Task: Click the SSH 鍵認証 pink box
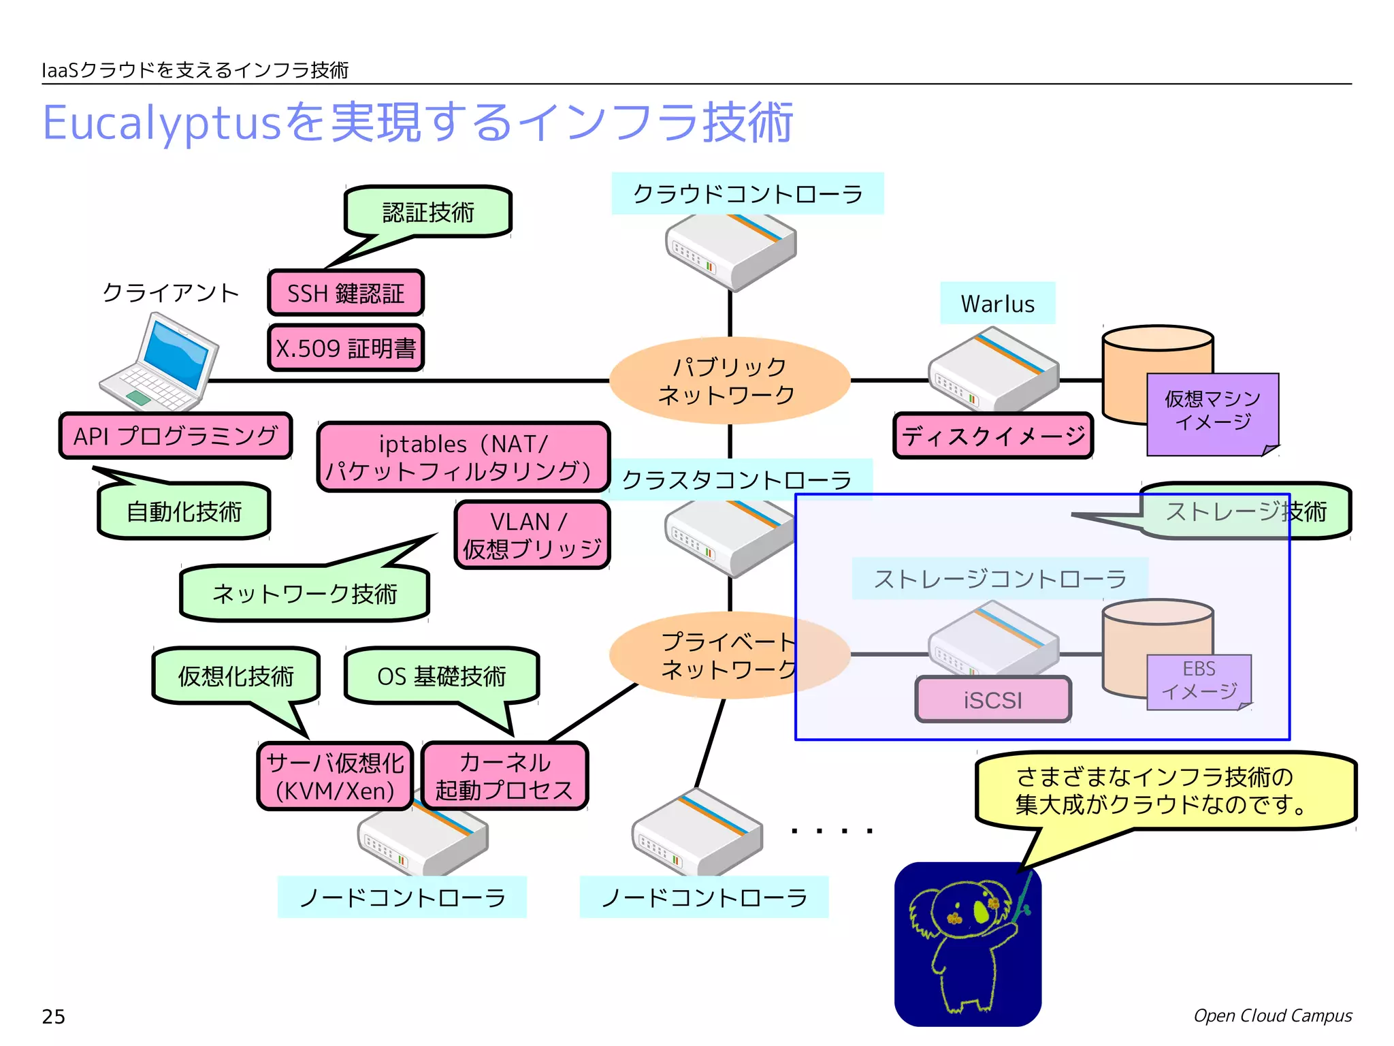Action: tap(346, 294)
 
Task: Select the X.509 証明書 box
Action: tap(346, 349)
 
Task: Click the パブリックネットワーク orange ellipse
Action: tap(729, 381)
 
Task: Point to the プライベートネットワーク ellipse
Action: tap(722, 655)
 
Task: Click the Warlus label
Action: tap(997, 304)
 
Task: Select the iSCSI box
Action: tap(993, 699)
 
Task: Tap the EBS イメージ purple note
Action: tap(1199, 681)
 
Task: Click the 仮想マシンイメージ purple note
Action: tap(1212, 412)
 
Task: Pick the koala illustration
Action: tap(967, 944)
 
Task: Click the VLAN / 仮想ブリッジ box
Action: tap(532, 535)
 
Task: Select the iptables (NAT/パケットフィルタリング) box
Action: tap(463, 457)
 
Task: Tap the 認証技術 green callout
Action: tap(428, 212)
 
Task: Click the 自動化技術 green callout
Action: tap(184, 511)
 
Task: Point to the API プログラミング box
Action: tap(176, 436)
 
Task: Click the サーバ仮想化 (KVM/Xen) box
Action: tap(335, 776)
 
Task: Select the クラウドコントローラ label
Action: tap(747, 194)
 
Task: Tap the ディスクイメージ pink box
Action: tap(993, 436)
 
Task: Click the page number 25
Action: tap(54, 1017)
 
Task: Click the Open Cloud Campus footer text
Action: tap(1272, 1015)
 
